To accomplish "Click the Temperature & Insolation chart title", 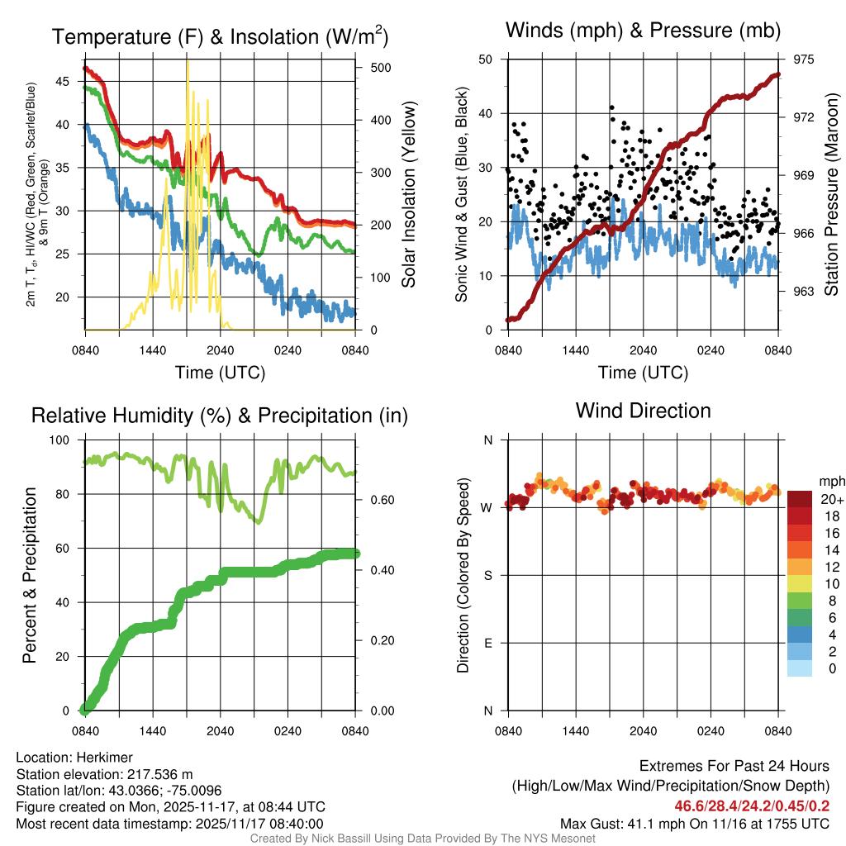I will pos(220,37).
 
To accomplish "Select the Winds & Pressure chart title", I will pos(644,31).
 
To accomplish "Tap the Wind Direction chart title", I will pos(643,411).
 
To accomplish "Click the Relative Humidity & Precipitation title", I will pos(220,416).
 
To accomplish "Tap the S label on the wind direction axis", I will pos(487,575).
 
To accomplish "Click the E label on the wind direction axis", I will pos(487,643).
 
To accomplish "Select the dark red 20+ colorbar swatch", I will pos(800,499).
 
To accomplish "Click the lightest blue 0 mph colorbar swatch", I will pos(800,668).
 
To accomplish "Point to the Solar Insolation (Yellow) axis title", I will pos(408,194).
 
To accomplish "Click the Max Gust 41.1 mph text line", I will pos(695,824).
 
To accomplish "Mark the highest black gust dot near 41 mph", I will pos(611,107).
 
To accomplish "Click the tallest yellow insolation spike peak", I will pos(188,61).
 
